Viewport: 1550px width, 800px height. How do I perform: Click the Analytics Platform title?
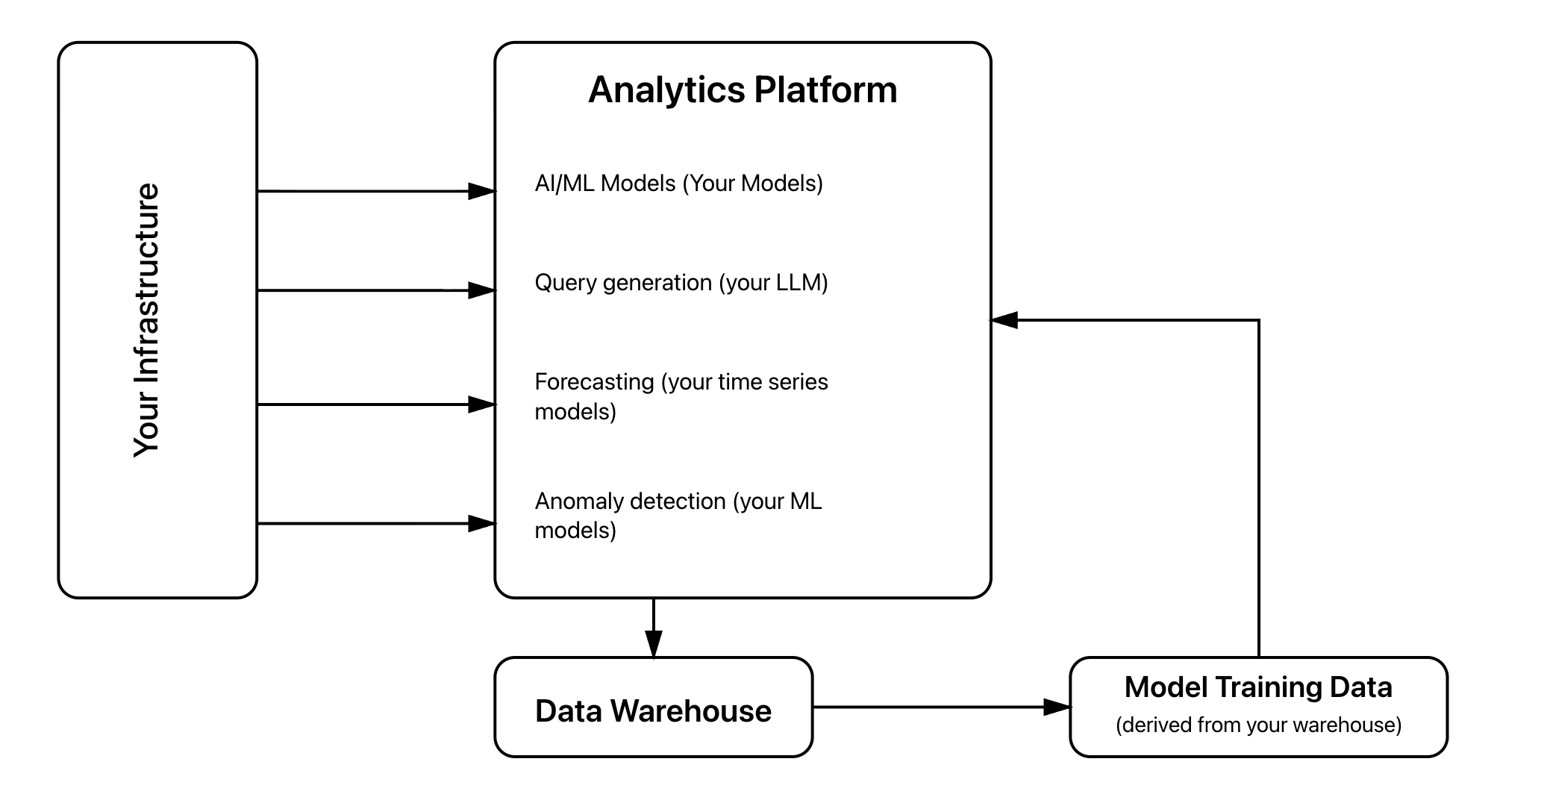(x=742, y=90)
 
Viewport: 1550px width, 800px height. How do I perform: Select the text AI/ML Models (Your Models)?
(x=678, y=184)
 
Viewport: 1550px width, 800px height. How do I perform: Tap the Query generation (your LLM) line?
(x=681, y=283)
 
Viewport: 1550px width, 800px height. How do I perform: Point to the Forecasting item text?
(x=681, y=396)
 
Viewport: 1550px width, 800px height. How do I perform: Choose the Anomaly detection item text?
(x=678, y=515)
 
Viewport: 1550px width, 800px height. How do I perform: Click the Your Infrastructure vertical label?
(x=147, y=319)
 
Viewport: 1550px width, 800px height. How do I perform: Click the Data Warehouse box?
(x=653, y=707)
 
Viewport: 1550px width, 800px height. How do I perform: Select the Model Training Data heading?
(x=1257, y=687)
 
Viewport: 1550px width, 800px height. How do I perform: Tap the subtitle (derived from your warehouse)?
(x=1257, y=725)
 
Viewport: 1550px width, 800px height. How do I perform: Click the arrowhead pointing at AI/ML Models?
(x=482, y=192)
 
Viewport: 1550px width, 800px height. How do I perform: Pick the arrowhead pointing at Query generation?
(x=482, y=290)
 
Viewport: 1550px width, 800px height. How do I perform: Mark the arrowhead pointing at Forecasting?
(x=482, y=404)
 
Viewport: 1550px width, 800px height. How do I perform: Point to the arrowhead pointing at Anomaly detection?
(x=482, y=524)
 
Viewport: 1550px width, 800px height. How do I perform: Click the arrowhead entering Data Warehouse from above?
(x=653, y=644)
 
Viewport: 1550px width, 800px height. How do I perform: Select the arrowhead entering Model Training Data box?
(x=1057, y=707)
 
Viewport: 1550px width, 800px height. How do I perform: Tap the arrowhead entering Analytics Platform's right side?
(x=1004, y=320)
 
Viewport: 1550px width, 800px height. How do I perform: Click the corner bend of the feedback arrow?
(x=1258, y=321)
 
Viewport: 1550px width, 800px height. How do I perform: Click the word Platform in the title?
(x=825, y=90)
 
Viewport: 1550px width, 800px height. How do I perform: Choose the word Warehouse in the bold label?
(x=690, y=711)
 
